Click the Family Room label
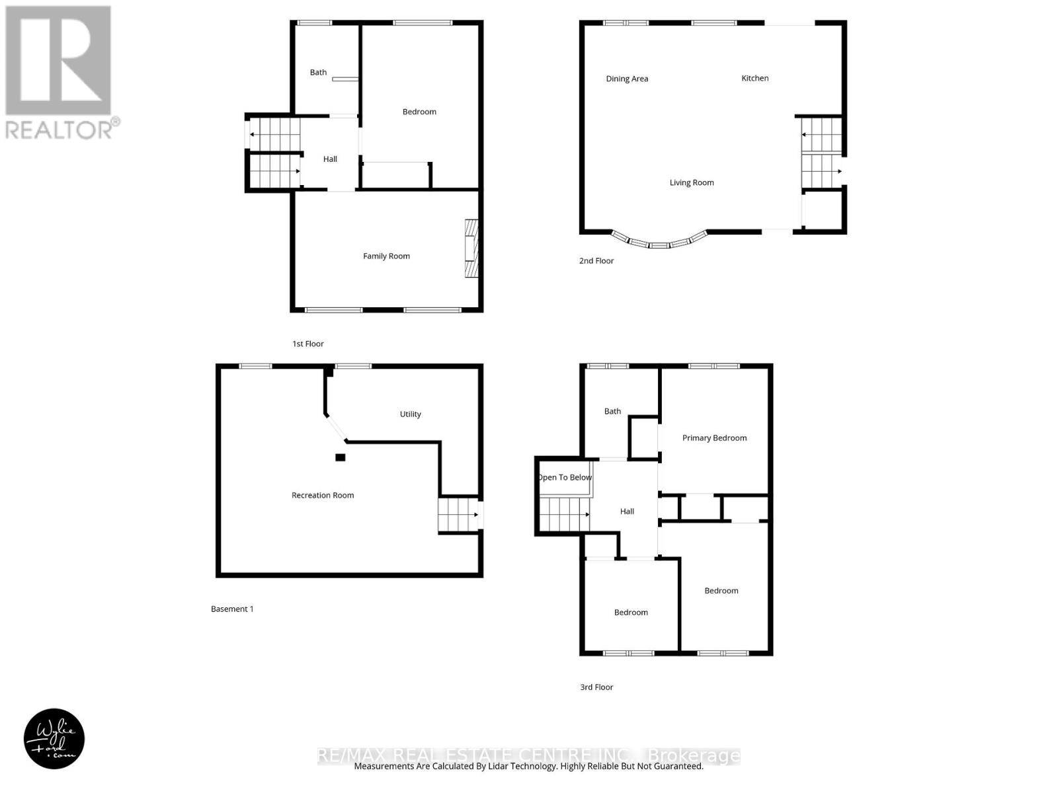386,256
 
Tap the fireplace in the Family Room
471,248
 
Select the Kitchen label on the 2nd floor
754,78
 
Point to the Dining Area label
627,79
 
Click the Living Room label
692,182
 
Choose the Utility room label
410,414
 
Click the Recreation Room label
323,495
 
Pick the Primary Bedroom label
714,437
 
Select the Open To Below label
565,477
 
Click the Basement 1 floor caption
232,609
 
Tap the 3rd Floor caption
596,687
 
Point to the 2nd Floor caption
596,261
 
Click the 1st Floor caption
308,344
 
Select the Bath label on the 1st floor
318,73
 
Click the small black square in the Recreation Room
340,457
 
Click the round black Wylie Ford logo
54,739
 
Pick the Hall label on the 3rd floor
627,511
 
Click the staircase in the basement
458,515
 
